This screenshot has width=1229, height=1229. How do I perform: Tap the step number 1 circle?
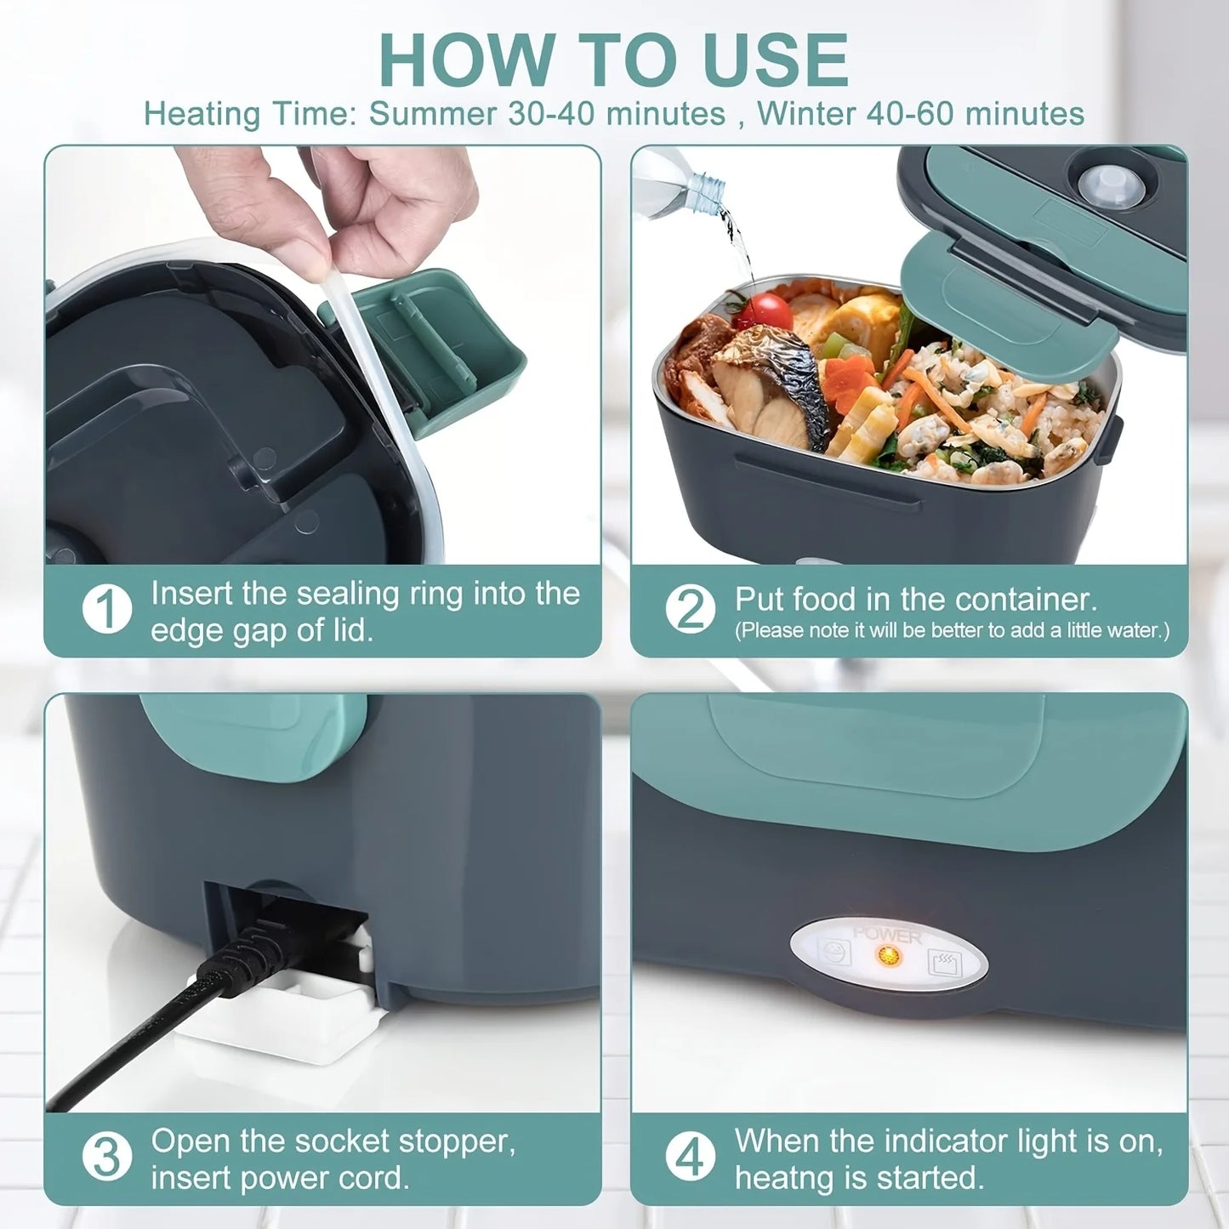[x=107, y=609]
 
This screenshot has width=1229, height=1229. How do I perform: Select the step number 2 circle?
[x=690, y=609]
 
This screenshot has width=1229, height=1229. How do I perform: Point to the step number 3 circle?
[x=107, y=1158]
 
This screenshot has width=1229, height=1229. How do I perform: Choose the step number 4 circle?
[x=690, y=1158]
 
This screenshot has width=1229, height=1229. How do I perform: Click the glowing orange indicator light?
[x=889, y=956]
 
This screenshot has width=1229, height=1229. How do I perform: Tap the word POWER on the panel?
[x=887, y=935]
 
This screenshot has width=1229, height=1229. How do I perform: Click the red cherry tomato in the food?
[x=764, y=310]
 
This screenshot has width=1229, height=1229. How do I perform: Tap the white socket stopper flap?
[x=281, y=1012]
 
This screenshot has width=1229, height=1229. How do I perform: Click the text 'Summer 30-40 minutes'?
[x=547, y=113]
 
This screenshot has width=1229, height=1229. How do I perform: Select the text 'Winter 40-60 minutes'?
[x=920, y=113]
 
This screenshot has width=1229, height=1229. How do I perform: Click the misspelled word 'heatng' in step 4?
[x=778, y=1179]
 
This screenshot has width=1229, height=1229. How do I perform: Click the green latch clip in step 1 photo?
[x=442, y=340]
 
